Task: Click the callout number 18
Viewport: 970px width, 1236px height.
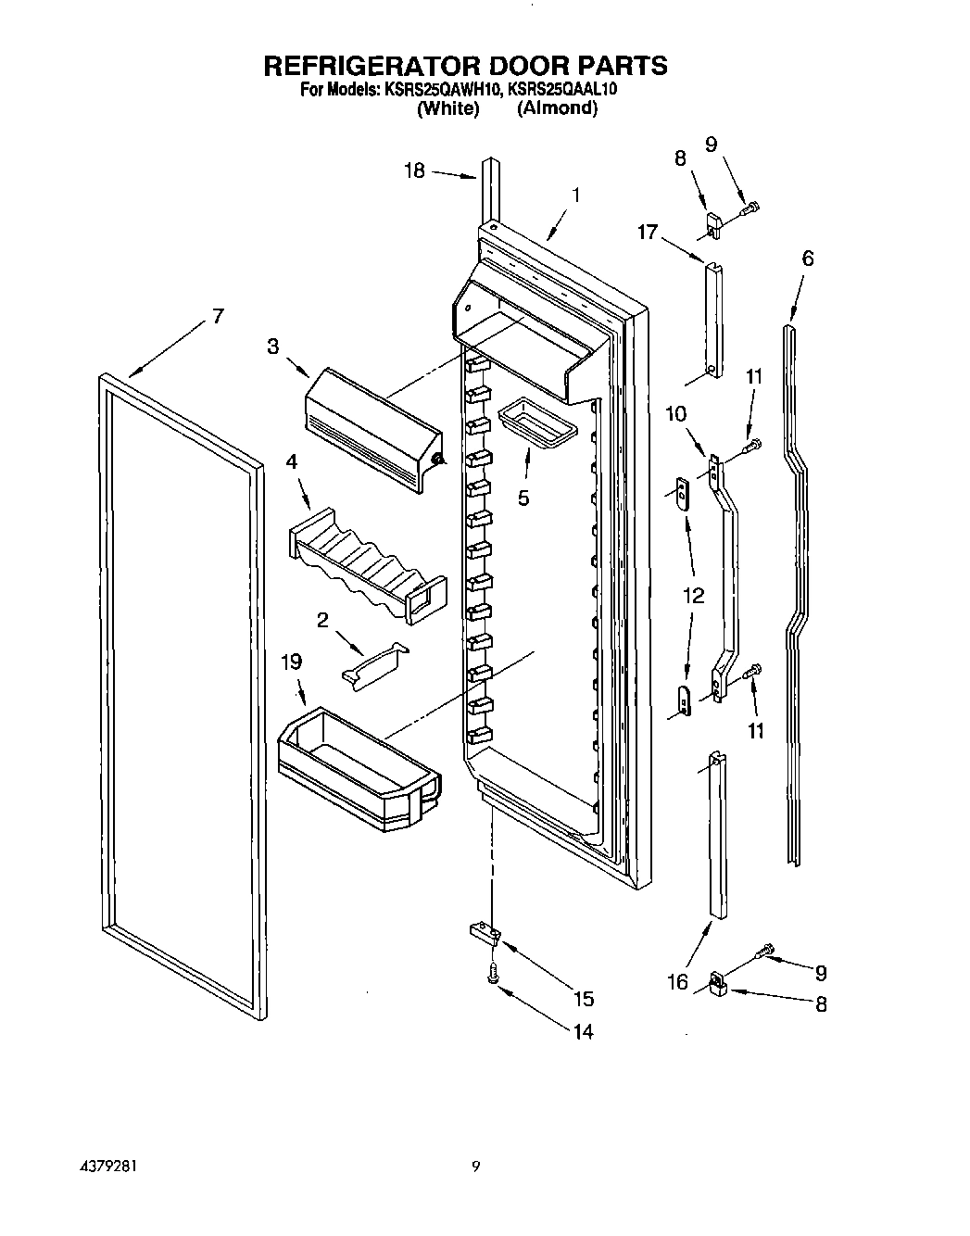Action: click(414, 170)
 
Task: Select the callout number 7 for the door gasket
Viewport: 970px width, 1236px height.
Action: click(217, 316)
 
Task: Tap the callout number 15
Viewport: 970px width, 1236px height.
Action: click(583, 999)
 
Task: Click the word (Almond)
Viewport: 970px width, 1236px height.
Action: click(557, 108)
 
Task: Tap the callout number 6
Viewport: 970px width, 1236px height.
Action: click(808, 258)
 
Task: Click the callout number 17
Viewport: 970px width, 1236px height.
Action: click(647, 232)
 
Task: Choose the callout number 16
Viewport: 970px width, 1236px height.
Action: click(678, 982)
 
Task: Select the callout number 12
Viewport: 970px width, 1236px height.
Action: click(693, 596)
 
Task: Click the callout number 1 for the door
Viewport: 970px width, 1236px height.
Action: click(575, 195)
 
